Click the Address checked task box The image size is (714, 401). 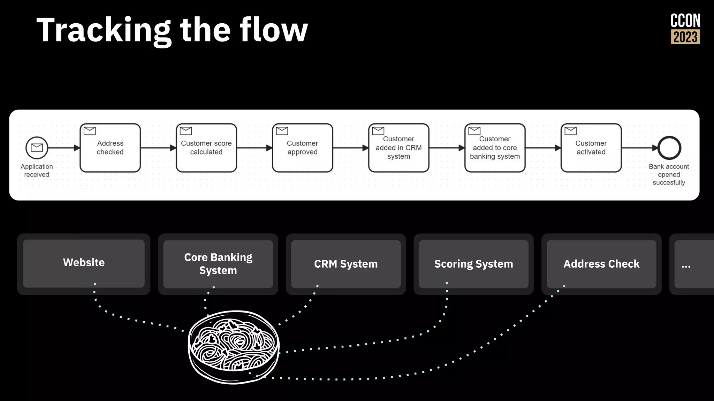click(110, 148)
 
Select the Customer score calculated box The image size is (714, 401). click(206, 148)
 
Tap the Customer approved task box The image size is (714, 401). click(302, 148)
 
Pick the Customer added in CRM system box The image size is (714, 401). click(398, 148)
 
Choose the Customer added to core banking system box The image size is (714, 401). click(495, 148)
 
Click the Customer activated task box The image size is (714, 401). click(591, 148)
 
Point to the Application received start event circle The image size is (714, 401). click(37, 148)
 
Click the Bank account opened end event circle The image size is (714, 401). click(669, 148)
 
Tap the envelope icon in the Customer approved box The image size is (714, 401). click(282, 131)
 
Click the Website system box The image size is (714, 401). click(84, 264)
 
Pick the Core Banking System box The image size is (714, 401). click(218, 264)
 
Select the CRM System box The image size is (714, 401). click(346, 264)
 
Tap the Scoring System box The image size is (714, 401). click(473, 264)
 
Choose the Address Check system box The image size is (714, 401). click(601, 264)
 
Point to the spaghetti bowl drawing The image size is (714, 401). click(234, 347)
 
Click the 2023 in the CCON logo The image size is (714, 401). click(685, 37)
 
